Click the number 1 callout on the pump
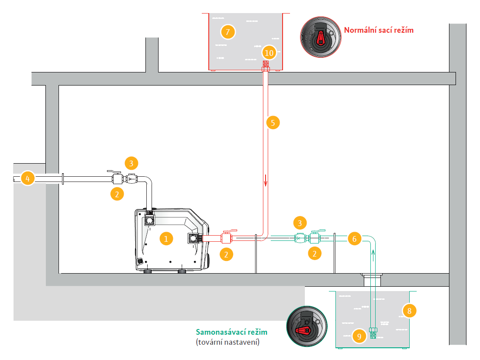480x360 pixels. click(166, 238)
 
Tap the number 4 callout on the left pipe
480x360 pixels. click(28, 178)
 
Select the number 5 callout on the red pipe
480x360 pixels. click(273, 123)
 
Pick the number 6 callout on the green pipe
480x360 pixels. click(355, 239)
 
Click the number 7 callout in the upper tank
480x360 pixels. click(228, 31)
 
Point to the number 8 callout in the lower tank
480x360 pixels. click(409, 311)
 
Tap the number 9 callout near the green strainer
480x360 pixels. click(359, 336)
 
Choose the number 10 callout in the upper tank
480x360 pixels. click(269, 53)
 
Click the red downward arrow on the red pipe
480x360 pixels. click(265, 179)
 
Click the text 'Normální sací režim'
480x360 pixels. click(378, 30)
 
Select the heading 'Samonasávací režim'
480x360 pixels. click(231, 332)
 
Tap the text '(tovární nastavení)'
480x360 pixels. click(228, 342)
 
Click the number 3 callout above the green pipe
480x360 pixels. click(299, 224)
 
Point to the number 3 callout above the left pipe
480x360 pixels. click(131, 164)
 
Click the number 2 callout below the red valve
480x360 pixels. click(226, 254)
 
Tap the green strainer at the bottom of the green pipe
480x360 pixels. click(373, 333)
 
